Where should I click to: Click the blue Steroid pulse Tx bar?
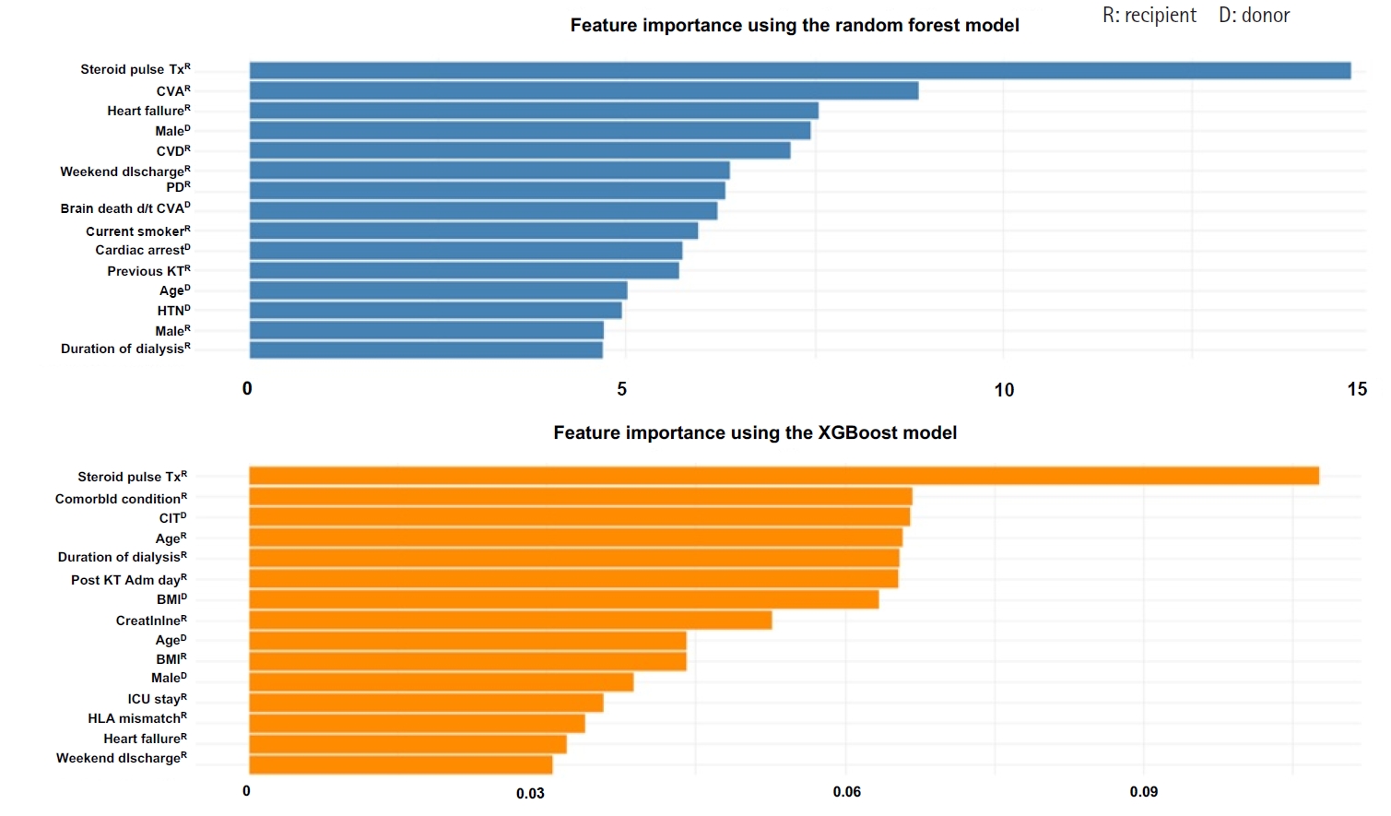[799, 70]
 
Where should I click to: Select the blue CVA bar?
[584, 90]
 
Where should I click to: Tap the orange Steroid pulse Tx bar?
[784, 476]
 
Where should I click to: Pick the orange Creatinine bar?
[510, 620]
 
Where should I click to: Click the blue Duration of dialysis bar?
[426, 349]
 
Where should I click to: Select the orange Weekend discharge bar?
[400, 764]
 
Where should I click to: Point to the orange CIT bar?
[579, 516]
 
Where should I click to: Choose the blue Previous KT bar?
[464, 270]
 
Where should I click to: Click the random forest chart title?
[794, 25]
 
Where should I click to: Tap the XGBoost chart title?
[755, 432]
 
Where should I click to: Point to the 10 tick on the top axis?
[1004, 390]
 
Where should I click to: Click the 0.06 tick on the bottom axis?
[846, 792]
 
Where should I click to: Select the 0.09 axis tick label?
[1143, 792]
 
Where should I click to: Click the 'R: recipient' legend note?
[1149, 16]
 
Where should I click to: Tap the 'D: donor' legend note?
[1254, 16]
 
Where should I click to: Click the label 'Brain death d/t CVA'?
[125, 208]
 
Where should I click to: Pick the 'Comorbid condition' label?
[121, 499]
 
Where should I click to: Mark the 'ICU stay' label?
[157, 699]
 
